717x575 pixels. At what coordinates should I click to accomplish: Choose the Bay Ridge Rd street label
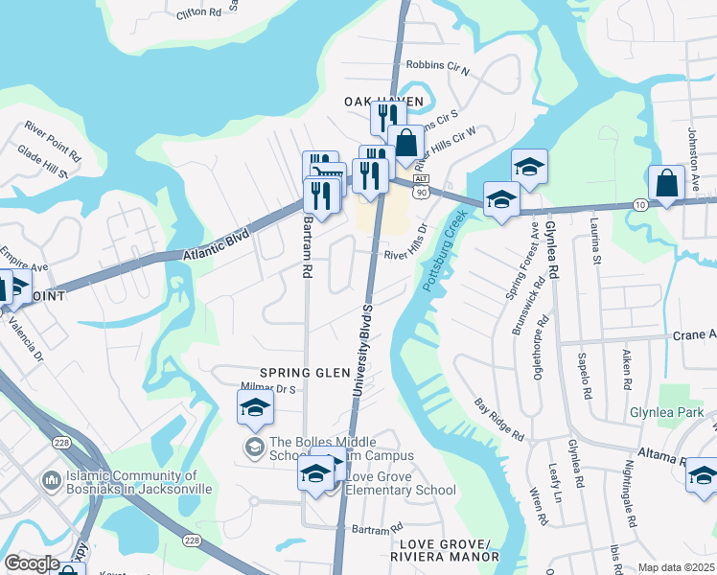point(500,421)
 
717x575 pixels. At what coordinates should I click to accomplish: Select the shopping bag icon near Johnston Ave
point(665,182)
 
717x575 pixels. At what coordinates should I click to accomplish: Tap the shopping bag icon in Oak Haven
point(406,143)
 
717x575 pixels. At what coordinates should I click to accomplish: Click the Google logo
point(33,564)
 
